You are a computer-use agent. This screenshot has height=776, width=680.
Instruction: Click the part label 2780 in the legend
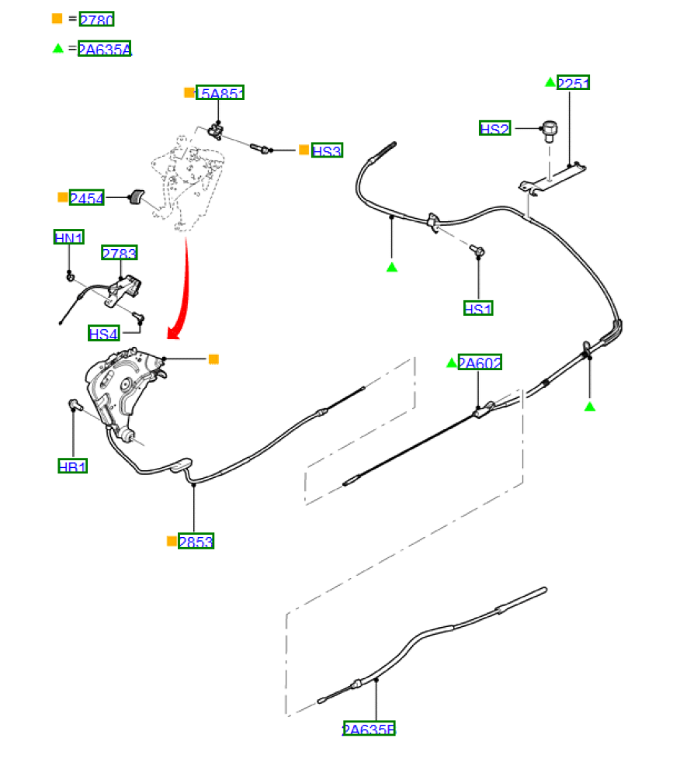click(x=96, y=19)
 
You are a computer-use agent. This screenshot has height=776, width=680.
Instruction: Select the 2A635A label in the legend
click(x=105, y=50)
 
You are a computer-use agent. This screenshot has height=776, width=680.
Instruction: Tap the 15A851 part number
click(x=220, y=94)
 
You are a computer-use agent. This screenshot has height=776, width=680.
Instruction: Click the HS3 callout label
click(x=327, y=151)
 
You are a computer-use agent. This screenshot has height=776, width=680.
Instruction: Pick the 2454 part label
click(x=86, y=199)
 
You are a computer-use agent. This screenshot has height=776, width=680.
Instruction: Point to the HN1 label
click(x=69, y=237)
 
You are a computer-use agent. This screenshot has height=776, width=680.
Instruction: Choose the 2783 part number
click(x=120, y=253)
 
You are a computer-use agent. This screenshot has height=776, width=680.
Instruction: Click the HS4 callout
click(x=103, y=334)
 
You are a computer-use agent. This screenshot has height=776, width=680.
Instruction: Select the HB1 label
click(x=72, y=466)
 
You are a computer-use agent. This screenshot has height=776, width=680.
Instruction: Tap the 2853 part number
click(x=196, y=542)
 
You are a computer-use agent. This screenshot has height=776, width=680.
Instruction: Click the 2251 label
click(x=574, y=83)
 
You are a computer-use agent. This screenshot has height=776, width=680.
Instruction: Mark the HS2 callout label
click(x=494, y=129)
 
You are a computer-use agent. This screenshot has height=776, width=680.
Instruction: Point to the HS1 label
click(x=478, y=309)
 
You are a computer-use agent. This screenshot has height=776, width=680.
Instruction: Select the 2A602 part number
click(x=480, y=362)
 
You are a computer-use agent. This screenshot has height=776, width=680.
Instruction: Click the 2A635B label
click(x=369, y=729)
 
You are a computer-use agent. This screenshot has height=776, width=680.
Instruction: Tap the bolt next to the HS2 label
click(x=550, y=131)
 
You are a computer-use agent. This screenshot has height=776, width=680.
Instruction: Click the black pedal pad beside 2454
click(x=137, y=197)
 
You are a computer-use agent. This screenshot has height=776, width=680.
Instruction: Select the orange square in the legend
click(x=57, y=18)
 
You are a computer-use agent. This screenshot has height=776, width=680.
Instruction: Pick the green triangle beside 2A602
click(x=451, y=362)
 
